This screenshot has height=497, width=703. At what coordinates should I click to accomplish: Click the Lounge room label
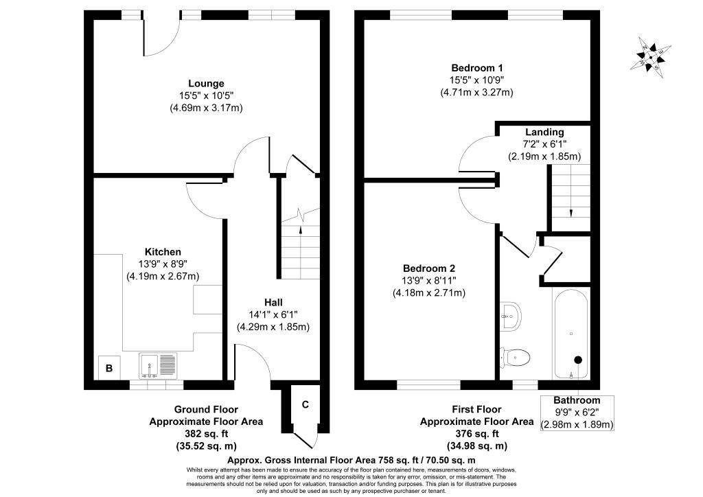(206, 83)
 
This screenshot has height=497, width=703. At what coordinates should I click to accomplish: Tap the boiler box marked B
(109, 368)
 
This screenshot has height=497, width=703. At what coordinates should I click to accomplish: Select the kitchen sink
(159, 365)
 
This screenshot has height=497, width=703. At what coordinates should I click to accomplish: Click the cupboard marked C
(306, 405)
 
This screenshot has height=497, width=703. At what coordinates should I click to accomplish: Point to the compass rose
(651, 56)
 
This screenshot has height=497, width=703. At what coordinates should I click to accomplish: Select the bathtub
(571, 334)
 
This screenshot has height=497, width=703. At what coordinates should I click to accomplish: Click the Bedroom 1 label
(477, 68)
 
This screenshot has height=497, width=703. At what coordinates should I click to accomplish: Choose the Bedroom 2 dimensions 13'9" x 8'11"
(429, 281)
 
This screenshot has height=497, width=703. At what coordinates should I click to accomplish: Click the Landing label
(544, 132)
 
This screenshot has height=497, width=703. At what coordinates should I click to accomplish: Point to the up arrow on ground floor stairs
(300, 232)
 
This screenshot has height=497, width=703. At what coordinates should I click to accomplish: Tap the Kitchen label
(163, 252)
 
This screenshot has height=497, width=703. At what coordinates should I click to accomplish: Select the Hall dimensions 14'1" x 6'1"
(273, 314)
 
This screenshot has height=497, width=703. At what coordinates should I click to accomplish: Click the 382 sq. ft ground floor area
(206, 434)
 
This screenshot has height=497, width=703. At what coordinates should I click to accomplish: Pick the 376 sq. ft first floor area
(477, 434)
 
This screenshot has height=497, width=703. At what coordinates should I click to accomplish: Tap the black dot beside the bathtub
(578, 360)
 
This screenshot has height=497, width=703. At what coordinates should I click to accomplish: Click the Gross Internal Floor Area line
(351, 460)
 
